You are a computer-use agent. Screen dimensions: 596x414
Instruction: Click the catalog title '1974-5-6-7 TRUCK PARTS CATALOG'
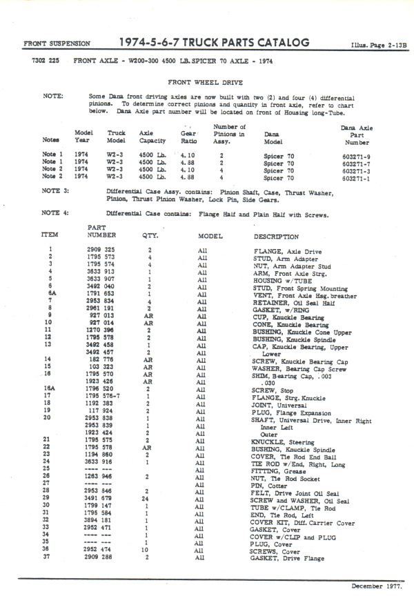214,43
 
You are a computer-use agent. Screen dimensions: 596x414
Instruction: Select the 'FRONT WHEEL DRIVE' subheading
208,81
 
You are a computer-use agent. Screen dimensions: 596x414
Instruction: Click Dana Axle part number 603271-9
357,155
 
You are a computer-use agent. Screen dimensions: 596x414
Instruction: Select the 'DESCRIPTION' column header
276,237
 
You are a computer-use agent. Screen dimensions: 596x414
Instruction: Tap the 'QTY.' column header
150,235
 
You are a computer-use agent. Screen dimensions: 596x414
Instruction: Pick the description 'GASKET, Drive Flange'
288,558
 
